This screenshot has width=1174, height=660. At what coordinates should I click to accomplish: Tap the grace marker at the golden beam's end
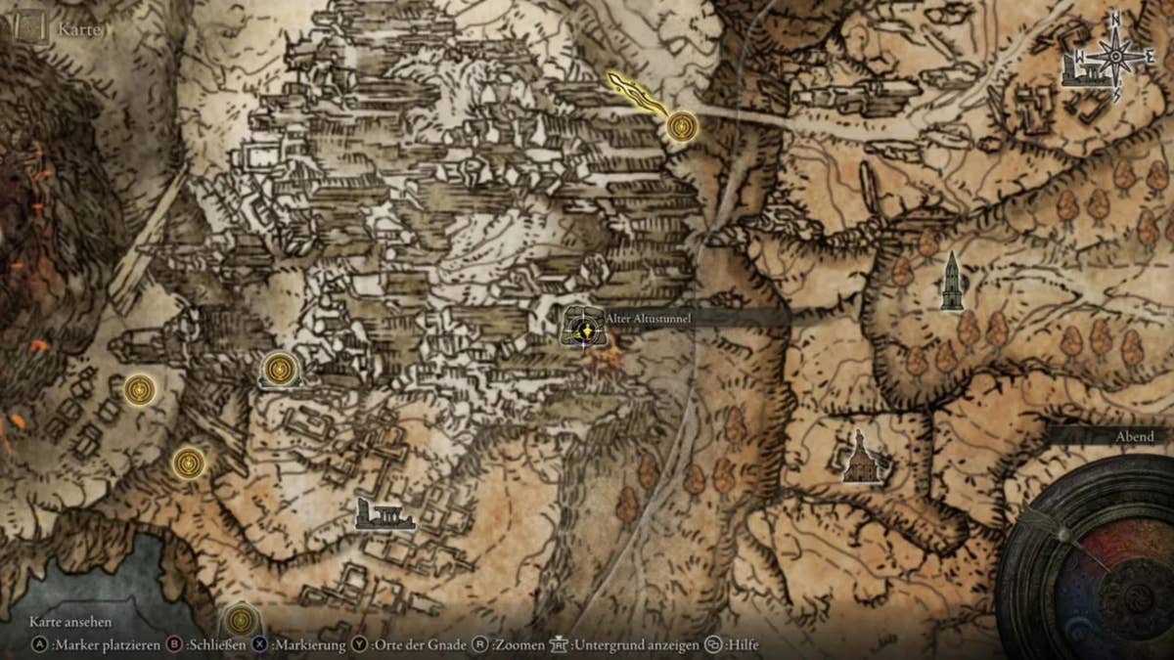click(x=682, y=125)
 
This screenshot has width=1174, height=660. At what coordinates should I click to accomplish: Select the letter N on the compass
click(x=1114, y=19)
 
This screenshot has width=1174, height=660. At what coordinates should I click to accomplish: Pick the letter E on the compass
click(x=1151, y=58)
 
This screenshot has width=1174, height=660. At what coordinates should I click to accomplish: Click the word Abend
click(x=1135, y=436)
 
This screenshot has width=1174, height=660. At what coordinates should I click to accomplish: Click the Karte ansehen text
click(x=70, y=622)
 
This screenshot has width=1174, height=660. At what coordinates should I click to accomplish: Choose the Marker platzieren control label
click(x=101, y=645)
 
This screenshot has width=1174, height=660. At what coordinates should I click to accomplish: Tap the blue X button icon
click(x=259, y=645)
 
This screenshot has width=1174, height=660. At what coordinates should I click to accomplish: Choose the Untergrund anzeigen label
click(x=636, y=645)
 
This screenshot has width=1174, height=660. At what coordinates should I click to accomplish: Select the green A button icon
click(x=39, y=645)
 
